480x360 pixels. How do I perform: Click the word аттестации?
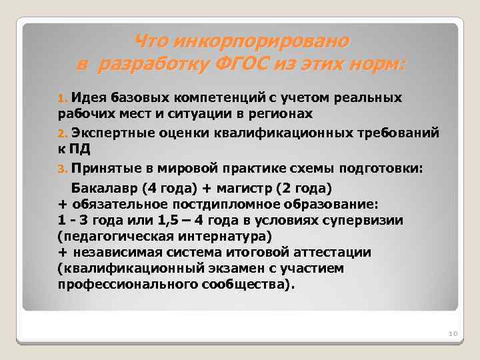(331, 252)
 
